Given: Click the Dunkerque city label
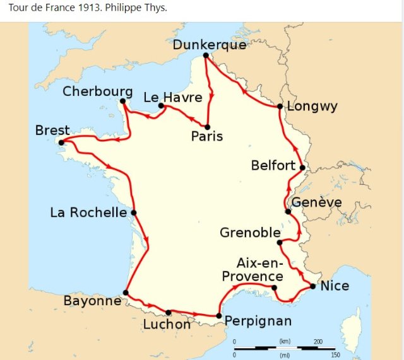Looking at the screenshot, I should coord(209,45).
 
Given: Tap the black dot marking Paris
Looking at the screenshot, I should coord(207,127).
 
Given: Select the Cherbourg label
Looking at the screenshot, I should coord(98,92).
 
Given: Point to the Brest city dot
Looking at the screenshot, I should coord(61,142).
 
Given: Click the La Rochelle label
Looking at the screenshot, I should coord(88,212).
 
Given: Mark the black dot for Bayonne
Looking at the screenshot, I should coord(126,293).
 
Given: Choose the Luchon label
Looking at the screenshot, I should coord(167,324).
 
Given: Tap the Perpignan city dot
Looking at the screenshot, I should coord(218,316).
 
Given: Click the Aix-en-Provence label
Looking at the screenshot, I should coord(251,270).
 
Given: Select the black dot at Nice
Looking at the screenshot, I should coord(313,287).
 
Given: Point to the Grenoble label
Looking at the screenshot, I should coord(248,233).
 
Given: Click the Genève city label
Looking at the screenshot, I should coord(316,202).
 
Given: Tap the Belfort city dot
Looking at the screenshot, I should coord(302,168).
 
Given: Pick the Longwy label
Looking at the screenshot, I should coord(312,106).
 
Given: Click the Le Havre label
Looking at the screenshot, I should coord(173,97).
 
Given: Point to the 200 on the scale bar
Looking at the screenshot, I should coord(318,341).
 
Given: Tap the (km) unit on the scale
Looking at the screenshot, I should coord(285,341).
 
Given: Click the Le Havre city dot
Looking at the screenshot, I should coord(161,106).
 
